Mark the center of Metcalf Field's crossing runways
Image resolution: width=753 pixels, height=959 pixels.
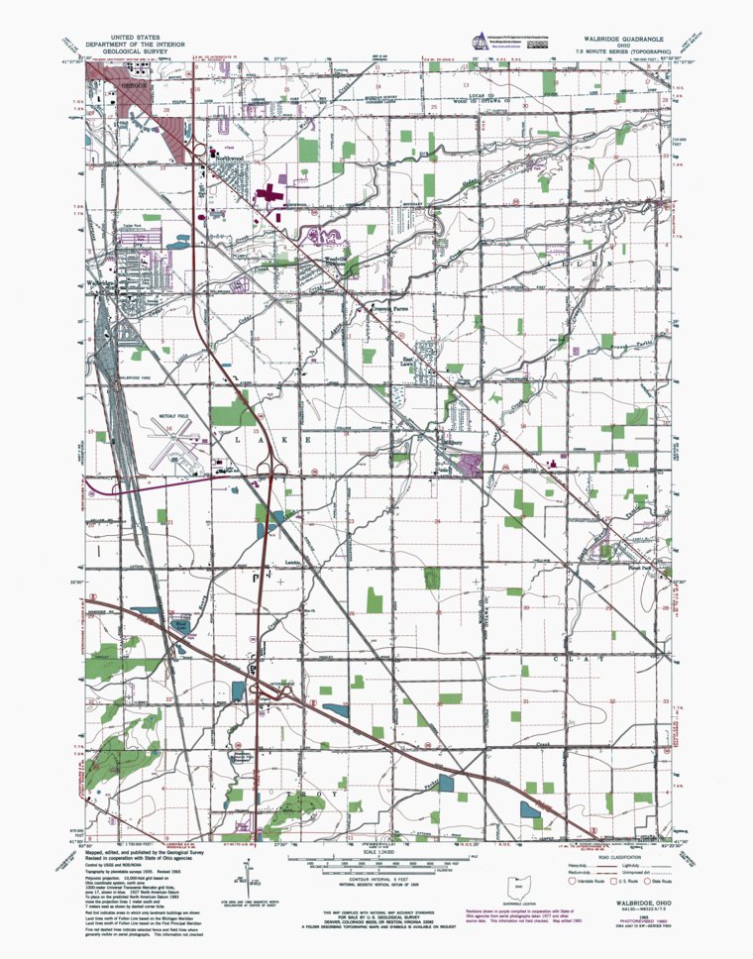pos(170,436)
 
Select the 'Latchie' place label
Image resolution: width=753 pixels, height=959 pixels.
pos(293,562)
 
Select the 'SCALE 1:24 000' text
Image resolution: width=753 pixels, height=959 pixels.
pos(376,849)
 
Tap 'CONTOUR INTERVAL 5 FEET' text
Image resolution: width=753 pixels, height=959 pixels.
pos(376,875)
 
